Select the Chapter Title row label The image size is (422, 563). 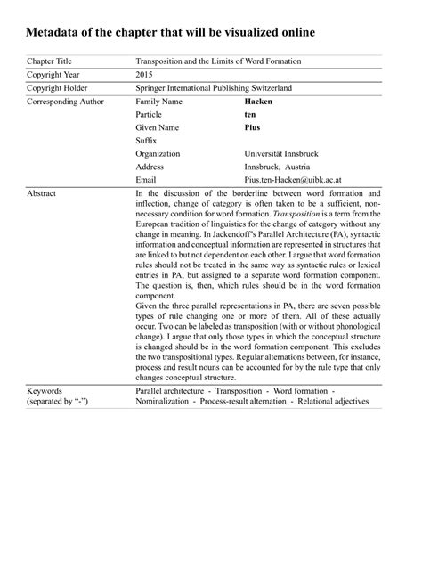[x=50, y=61]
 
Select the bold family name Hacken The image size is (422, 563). [x=259, y=102]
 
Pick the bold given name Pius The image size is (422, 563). [x=252, y=127]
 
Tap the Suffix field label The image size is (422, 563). [x=146, y=141]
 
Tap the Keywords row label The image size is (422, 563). [x=45, y=390]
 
